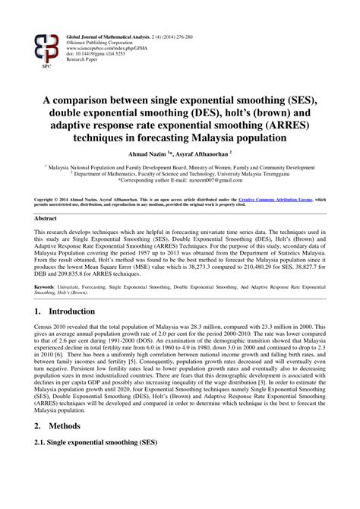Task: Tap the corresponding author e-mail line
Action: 179,183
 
